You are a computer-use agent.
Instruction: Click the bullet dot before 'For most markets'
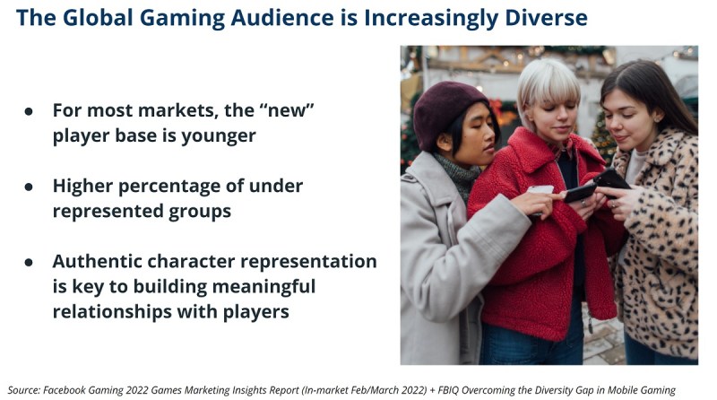(29, 111)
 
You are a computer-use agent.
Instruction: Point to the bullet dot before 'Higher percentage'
(29, 187)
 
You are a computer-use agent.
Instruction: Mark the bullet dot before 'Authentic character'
(29, 262)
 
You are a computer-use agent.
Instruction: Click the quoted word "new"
(287, 110)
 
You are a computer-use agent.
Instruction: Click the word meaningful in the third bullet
(263, 287)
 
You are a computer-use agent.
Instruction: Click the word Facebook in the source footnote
(64, 390)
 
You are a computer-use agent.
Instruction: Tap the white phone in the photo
(540, 190)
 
